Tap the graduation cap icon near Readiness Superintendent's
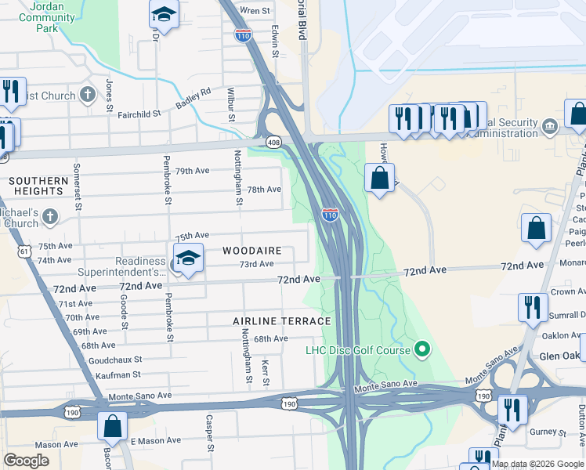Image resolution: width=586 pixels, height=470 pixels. (188, 258)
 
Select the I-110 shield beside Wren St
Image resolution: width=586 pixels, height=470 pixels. (243, 34)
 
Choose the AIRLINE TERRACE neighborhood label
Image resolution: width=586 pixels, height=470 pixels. (281, 321)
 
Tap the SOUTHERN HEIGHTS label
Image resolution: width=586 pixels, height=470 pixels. (38, 186)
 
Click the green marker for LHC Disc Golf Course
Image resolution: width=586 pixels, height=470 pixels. (423, 349)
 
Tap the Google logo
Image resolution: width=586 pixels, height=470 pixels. (26, 461)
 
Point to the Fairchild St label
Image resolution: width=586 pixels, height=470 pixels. (139, 114)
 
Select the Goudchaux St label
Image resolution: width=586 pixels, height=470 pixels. (114, 359)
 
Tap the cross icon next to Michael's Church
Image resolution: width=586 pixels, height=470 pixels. (49, 216)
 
